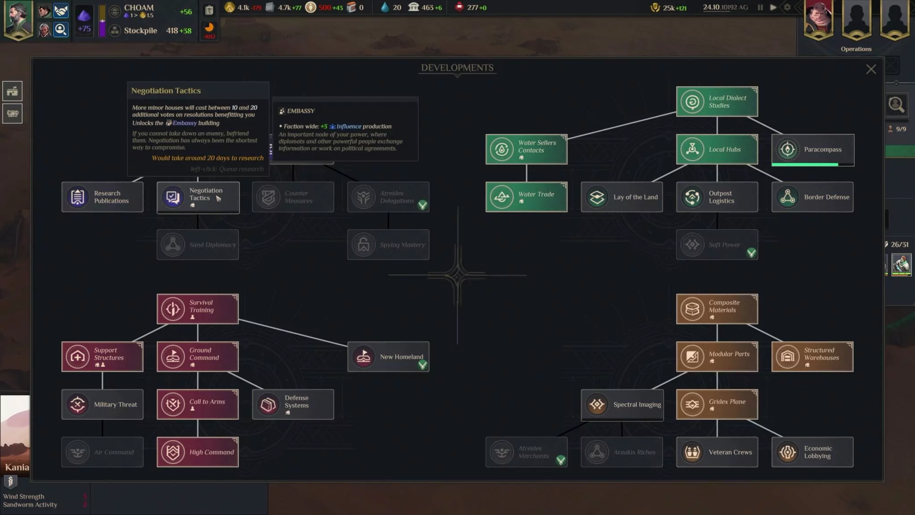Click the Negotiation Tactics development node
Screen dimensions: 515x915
pyautogui.click(x=198, y=197)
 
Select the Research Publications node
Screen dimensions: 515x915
pyautogui.click(x=102, y=197)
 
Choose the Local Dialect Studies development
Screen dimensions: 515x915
pyautogui.click(x=717, y=102)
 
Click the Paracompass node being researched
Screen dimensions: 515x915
pyautogui.click(x=813, y=150)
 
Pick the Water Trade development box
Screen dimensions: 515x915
pyautogui.click(x=526, y=197)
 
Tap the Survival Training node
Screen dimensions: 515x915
pyautogui.click(x=197, y=309)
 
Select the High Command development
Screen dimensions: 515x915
pyautogui.click(x=197, y=452)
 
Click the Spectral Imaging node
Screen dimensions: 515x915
pyautogui.click(x=622, y=405)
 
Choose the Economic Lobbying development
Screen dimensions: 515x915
pyautogui.click(x=812, y=452)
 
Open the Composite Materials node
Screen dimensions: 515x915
pyautogui.click(x=717, y=309)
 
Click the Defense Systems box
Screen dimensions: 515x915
pyautogui.click(x=293, y=405)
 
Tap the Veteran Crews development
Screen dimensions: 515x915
pyautogui.click(x=717, y=452)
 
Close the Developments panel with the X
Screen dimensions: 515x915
pyautogui.click(x=871, y=69)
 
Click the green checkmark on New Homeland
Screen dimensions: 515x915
pyautogui.click(x=422, y=365)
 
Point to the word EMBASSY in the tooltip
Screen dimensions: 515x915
pyautogui.click(x=301, y=111)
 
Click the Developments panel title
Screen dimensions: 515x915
pyautogui.click(x=457, y=68)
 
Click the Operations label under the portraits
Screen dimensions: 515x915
pyautogui.click(x=856, y=49)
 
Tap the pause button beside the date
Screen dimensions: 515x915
pyautogui.click(x=760, y=8)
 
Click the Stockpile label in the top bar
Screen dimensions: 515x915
pyautogui.click(x=140, y=31)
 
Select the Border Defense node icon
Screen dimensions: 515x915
pyautogui.click(x=788, y=197)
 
